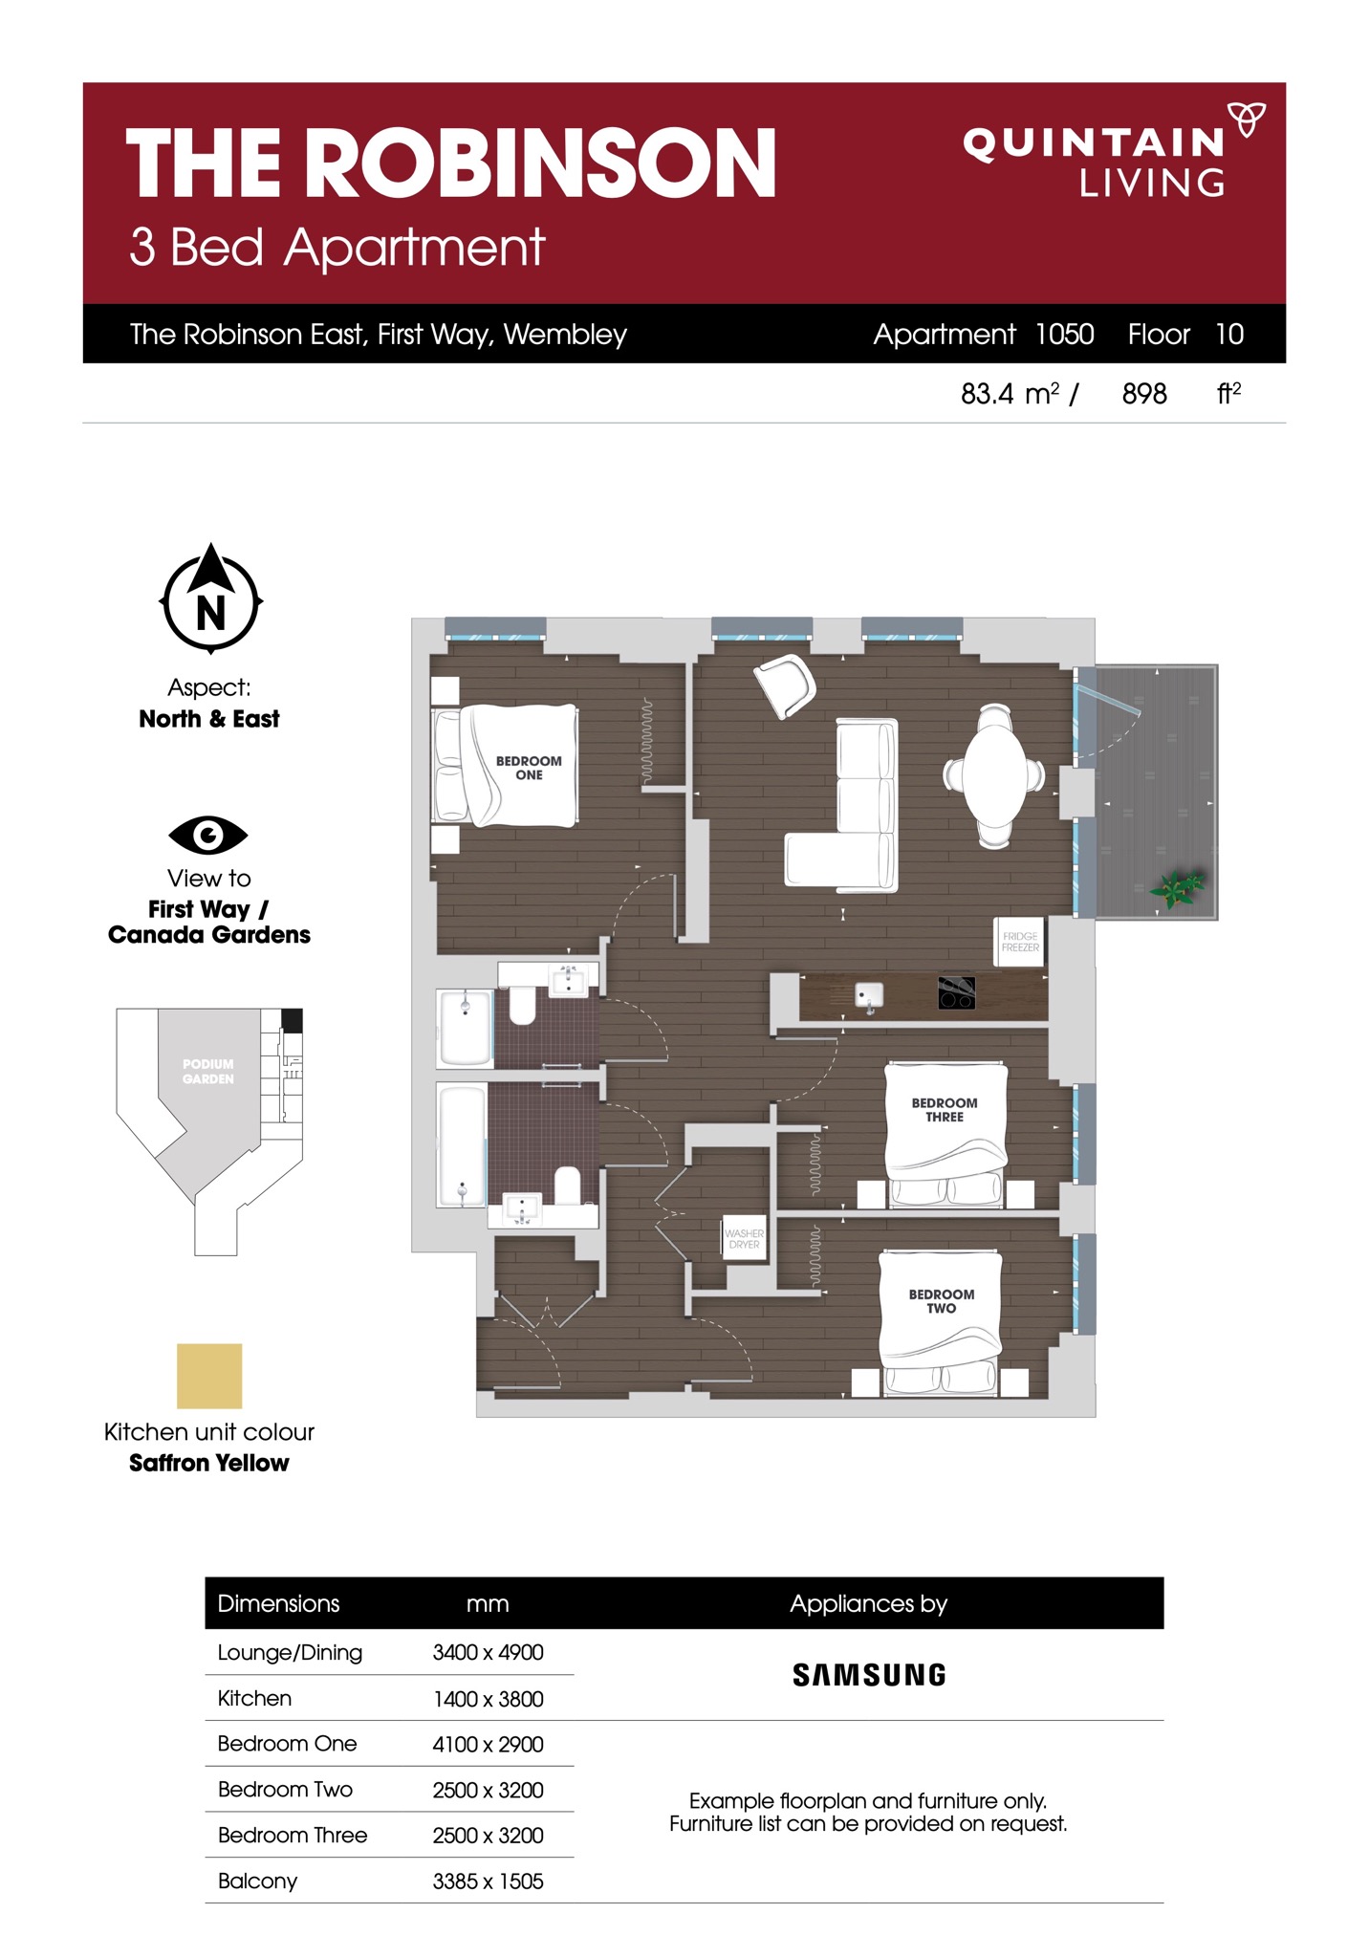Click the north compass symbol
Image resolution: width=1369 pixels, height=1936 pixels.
pyautogui.click(x=210, y=598)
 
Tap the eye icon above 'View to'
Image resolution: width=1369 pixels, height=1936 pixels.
pyautogui.click(x=208, y=835)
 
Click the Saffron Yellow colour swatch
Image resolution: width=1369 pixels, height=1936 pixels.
pyautogui.click(x=209, y=1376)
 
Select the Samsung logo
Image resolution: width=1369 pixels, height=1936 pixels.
pyautogui.click(x=869, y=1675)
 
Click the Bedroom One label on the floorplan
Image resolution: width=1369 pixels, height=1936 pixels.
pyautogui.click(x=529, y=768)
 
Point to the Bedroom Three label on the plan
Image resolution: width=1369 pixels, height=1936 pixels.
pyautogui.click(x=945, y=1109)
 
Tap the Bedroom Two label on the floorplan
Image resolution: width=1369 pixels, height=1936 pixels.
pyautogui.click(x=942, y=1300)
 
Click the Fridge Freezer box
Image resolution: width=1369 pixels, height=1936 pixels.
pyautogui.click(x=1020, y=942)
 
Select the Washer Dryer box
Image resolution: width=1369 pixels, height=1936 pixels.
pyautogui.click(x=744, y=1238)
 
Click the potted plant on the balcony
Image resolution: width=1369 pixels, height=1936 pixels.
pyautogui.click(x=1178, y=888)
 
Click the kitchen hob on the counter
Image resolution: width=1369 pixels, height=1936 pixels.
pyautogui.click(x=956, y=992)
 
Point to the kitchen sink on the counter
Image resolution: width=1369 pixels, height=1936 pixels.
pyautogui.click(x=869, y=996)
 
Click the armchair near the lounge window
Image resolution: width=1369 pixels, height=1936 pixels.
pyautogui.click(x=785, y=685)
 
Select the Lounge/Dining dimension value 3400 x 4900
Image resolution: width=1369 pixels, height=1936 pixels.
pyautogui.click(x=488, y=1652)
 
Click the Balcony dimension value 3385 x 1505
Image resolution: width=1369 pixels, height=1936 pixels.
pyautogui.click(x=488, y=1882)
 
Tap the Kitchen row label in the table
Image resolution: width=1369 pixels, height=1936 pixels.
pyautogui.click(x=254, y=1698)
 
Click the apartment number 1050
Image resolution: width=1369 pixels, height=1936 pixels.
pyautogui.click(x=1064, y=334)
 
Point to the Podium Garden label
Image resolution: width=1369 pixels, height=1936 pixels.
pyautogui.click(x=207, y=1071)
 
